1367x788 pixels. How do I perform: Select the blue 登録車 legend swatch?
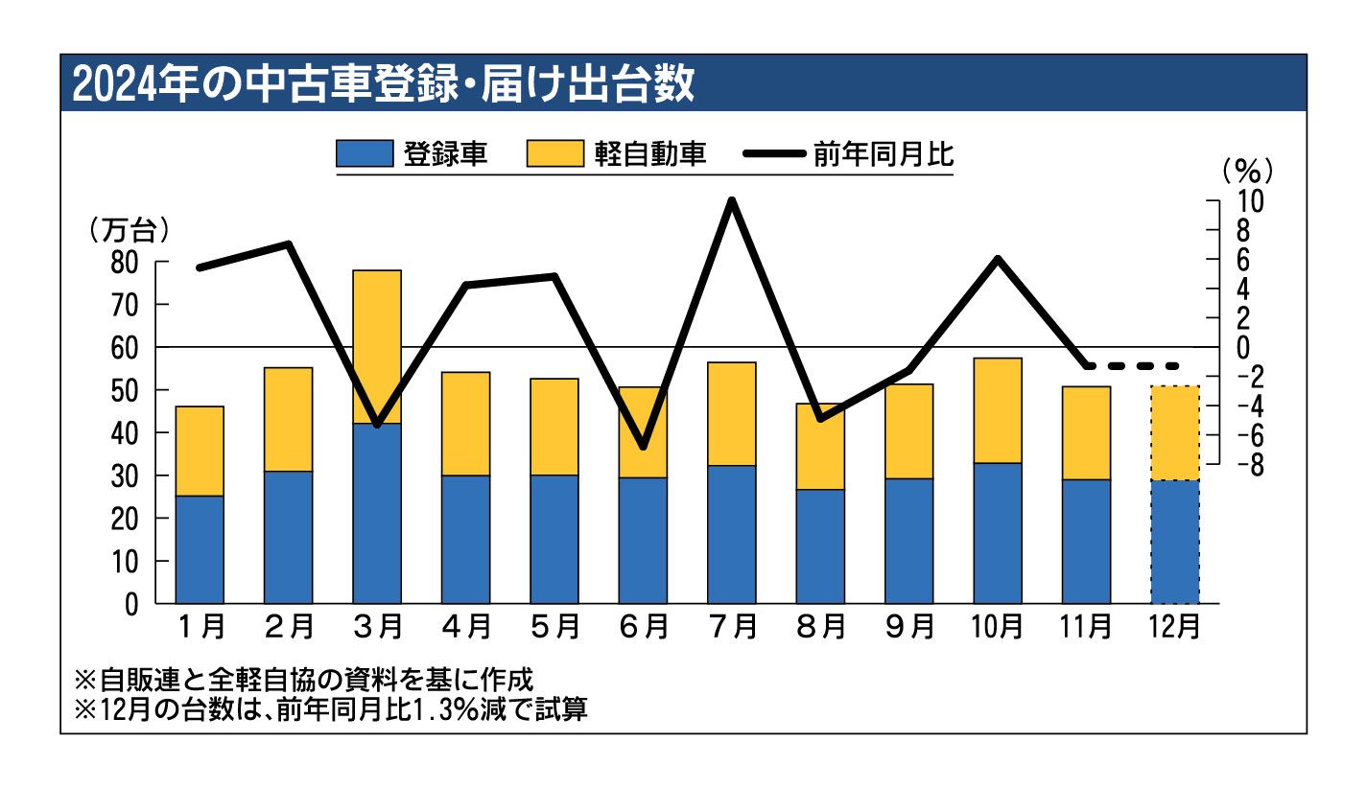coord(364,154)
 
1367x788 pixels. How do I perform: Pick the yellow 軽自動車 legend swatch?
coord(555,154)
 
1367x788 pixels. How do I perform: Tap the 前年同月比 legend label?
coord(884,154)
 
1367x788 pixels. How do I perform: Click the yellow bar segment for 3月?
coord(377,345)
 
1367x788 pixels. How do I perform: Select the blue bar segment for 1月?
coord(200,548)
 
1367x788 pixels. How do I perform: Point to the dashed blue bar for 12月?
coord(1175,542)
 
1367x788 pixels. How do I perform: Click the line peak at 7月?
coord(732,202)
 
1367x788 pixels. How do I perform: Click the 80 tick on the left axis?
coord(124,262)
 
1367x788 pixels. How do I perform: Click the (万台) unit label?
coord(129,230)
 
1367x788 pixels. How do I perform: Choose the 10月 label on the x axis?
coord(998,627)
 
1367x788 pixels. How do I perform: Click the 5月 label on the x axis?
coord(554,627)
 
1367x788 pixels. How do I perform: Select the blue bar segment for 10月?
coord(998,533)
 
